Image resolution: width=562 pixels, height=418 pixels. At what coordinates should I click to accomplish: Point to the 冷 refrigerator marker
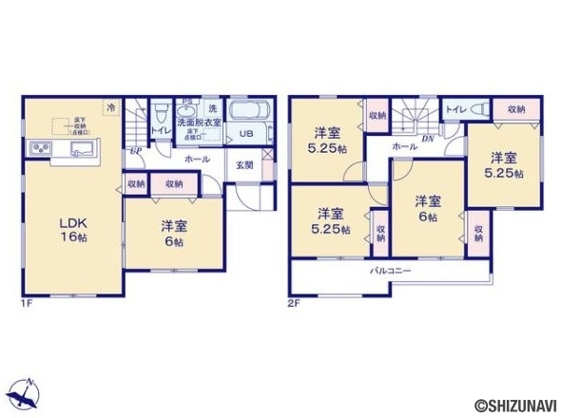111,107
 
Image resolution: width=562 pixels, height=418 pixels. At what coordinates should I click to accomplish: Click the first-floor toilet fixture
163,108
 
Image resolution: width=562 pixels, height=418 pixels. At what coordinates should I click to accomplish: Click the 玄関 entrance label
243,163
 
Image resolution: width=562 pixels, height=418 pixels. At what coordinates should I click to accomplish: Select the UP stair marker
137,149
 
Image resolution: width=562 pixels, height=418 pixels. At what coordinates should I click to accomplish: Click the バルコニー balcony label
390,271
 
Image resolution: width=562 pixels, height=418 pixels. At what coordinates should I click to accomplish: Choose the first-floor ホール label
198,160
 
